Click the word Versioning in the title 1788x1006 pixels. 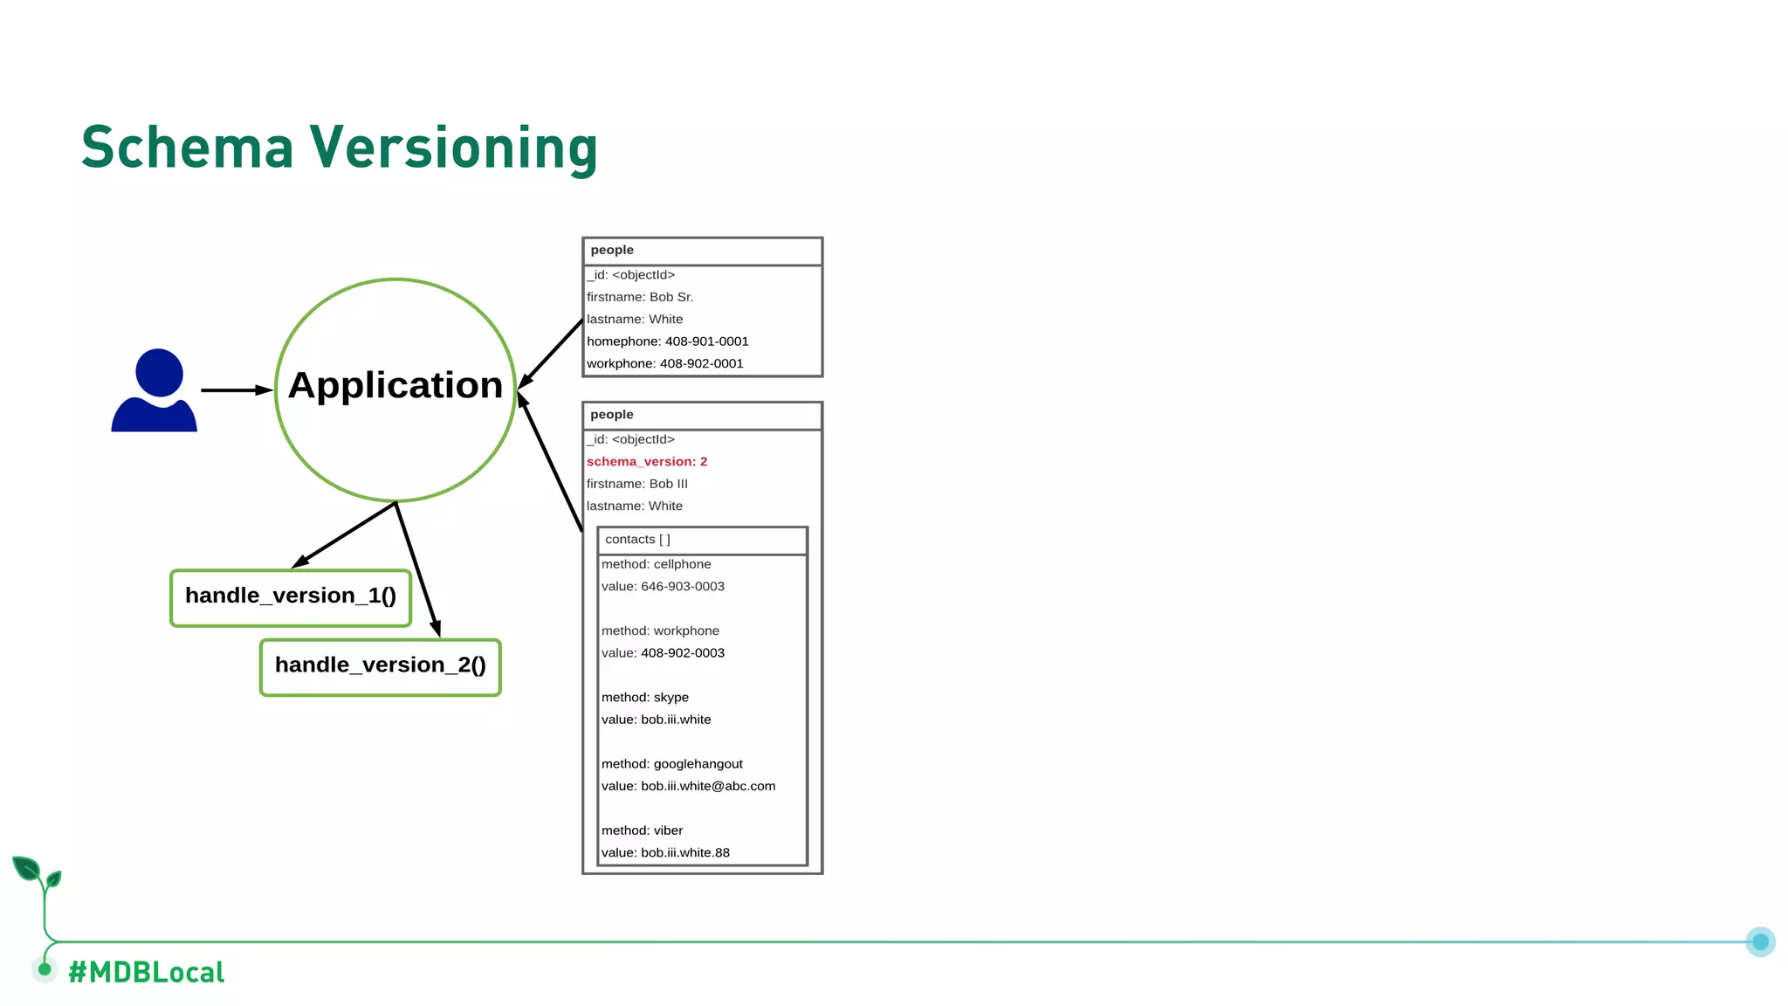click(454, 148)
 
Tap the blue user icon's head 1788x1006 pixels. click(159, 373)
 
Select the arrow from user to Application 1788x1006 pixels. click(234, 390)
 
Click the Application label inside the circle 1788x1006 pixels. click(395, 385)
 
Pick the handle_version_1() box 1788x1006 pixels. click(291, 597)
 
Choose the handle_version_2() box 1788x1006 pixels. click(381, 667)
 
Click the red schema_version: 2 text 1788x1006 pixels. click(647, 462)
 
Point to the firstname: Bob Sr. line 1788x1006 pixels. click(640, 297)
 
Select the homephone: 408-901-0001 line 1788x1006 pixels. click(668, 341)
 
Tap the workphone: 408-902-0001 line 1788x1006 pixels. click(665, 364)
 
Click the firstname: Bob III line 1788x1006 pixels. click(637, 484)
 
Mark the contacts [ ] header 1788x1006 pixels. click(638, 540)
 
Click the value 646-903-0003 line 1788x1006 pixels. click(663, 587)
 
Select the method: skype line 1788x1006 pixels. click(645, 698)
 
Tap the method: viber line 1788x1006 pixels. click(642, 830)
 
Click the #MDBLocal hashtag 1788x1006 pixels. click(147, 972)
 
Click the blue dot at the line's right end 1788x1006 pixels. click(1760, 941)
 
